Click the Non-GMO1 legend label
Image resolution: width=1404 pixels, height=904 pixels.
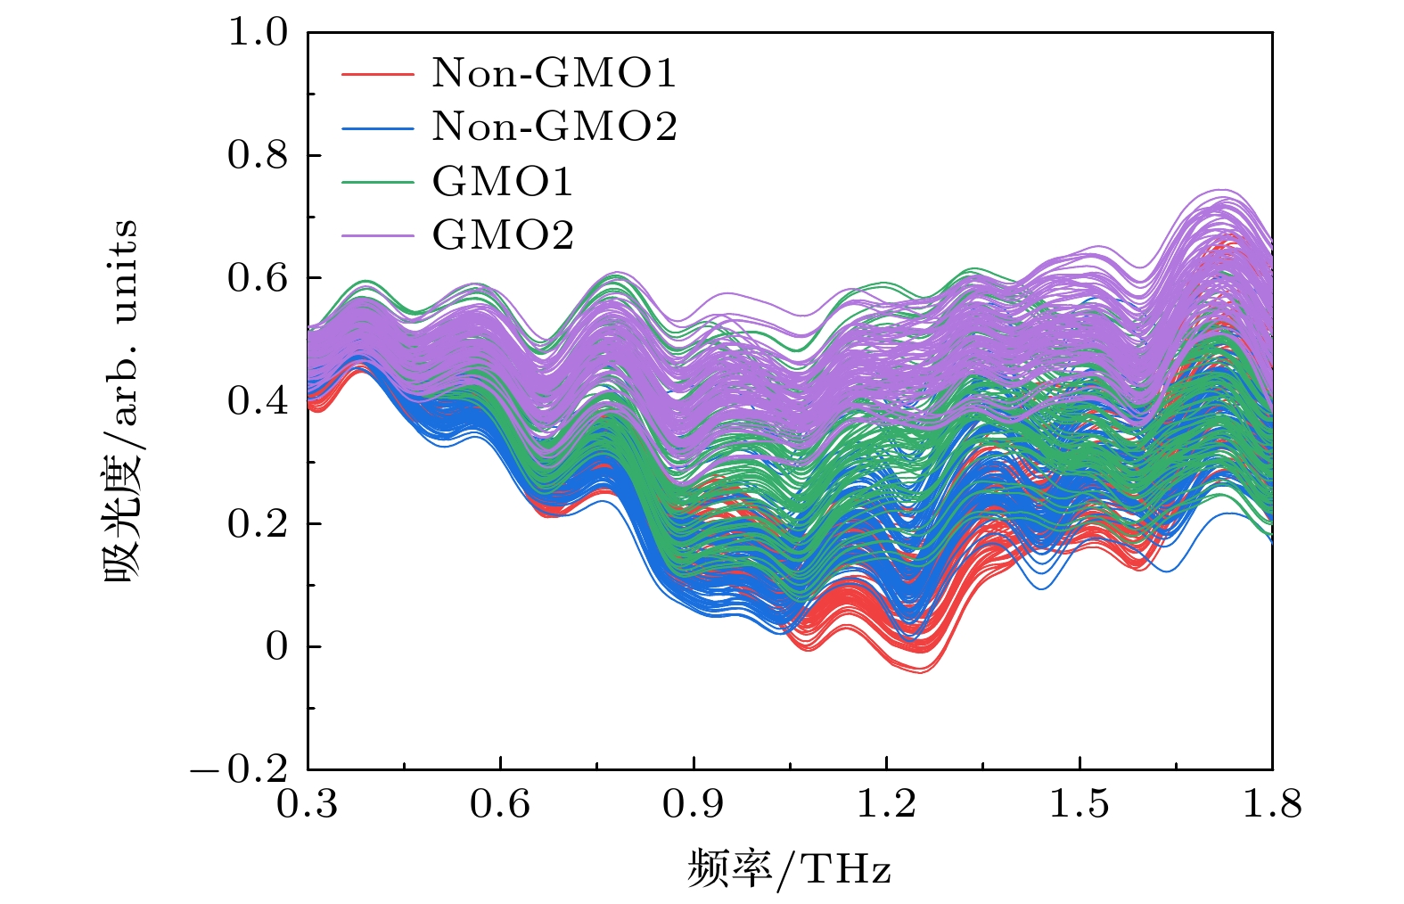coord(554,73)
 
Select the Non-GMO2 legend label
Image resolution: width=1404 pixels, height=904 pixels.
coord(554,127)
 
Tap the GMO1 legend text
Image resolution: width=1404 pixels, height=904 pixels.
coord(503,182)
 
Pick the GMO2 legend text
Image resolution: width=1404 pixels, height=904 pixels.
coord(503,235)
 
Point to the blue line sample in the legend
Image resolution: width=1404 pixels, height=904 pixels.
coord(378,127)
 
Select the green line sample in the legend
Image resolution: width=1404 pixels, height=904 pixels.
coord(378,183)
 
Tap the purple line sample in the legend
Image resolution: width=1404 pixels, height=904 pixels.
coord(378,236)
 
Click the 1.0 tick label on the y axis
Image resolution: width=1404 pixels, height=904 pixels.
coord(259,33)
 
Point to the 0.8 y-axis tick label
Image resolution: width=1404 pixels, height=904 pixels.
coord(259,155)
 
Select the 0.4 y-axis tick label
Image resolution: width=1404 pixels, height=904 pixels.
coord(259,401)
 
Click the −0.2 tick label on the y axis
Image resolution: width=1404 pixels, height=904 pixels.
coord(240,768)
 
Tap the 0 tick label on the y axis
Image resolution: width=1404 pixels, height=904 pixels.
coord(277,646)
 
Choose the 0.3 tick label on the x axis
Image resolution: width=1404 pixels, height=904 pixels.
coord(308,804)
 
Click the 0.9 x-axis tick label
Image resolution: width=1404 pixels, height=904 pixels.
coord(694,804)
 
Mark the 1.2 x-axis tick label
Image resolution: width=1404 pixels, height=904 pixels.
coord(886,804)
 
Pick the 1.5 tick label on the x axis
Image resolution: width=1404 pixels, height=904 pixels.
coord(1079,804)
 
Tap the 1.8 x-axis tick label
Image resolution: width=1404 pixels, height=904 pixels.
coord(1271,804)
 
